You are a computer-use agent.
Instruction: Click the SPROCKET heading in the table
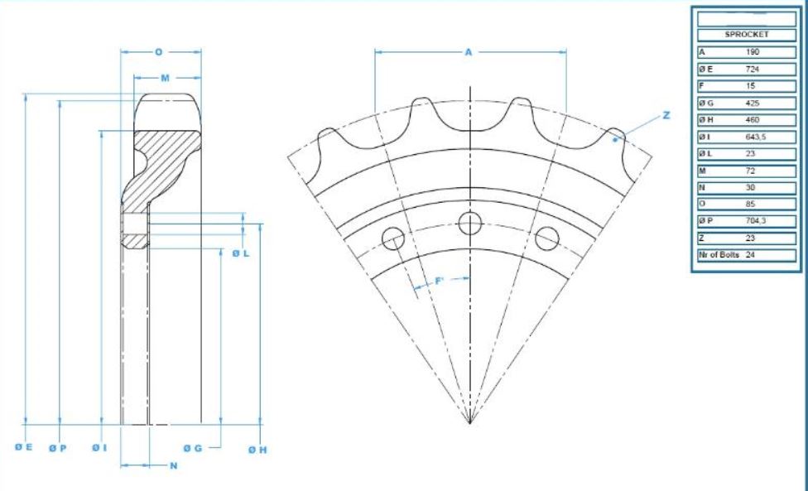pyautogui.click(x=747, y=35)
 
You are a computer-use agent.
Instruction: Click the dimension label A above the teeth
pyautogui.click(x=468, y=52)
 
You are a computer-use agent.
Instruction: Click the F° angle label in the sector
pyautogui.click(x=440, y=280)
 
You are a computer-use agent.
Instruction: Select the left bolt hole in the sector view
pyautogui.click(x=392, y=239)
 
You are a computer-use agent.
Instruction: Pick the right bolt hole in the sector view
pyautogui.click(x=546, y=238)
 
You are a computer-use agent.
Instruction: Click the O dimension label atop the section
pyautogui.click(x=159, y=52)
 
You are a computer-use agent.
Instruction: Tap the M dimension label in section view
pyautogui.click(x=165, y=78)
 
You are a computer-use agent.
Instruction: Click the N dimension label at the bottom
pyautogui.click(x=174, y=466)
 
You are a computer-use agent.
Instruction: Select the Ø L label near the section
pyautogui.click(x=241, y=253)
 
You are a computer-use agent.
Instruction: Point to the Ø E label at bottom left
pyautogui.click(x=23, y=447)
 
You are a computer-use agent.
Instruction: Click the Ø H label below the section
pyautogui.click(x=257, y=450)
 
